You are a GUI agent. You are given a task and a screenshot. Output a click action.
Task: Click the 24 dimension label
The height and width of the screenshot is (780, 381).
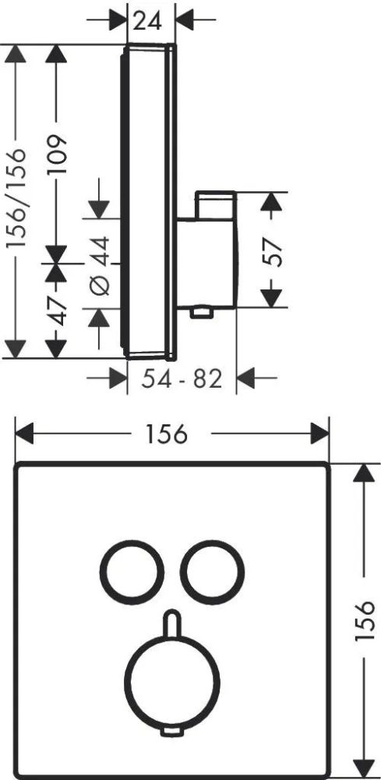(148, 20)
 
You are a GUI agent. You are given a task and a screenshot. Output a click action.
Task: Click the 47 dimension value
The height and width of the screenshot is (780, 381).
(58, 310)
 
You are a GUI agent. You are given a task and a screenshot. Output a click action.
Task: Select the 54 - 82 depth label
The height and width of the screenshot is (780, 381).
(182, 380)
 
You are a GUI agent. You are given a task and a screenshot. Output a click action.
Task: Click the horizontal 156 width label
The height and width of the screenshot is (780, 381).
(167, 434)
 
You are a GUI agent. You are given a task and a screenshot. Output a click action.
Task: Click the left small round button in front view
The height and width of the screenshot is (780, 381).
(132, 572)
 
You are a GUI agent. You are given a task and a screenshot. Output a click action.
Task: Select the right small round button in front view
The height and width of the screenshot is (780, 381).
(212, 572)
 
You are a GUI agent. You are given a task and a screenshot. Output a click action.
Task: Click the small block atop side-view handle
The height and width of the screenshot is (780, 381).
(216, 204)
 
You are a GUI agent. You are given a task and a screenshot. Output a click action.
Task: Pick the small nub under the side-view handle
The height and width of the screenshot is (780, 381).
(201, 311)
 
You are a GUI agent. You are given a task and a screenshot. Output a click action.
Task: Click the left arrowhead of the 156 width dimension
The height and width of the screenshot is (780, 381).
(24, 434)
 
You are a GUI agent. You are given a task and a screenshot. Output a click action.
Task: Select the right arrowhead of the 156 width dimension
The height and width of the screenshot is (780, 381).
(320, 434)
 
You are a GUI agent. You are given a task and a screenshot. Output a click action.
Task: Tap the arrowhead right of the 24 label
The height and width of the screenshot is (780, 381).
(185, 20)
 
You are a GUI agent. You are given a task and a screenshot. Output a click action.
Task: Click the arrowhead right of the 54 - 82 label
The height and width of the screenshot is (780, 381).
(246, 378)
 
